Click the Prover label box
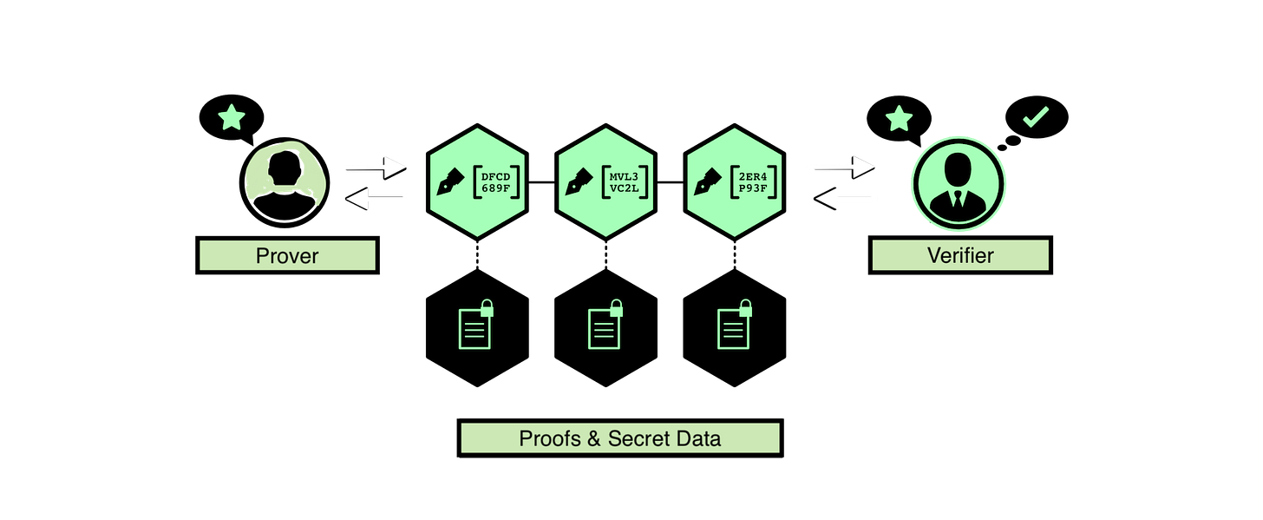pos(287,255)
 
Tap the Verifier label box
pos(959,255)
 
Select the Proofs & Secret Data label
pos(619,438)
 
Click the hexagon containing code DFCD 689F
pos(477,182)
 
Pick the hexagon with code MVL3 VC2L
pos(605,182)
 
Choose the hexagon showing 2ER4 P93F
pos(734,182)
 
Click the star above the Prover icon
pos(231,116)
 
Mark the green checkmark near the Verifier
pos(1036,116)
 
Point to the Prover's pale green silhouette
pos(285,174)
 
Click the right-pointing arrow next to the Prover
pos(370,165)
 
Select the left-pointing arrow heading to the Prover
pos(378,200)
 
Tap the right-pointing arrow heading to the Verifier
pos(840,165)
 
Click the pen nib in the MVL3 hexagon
pos(578,182)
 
